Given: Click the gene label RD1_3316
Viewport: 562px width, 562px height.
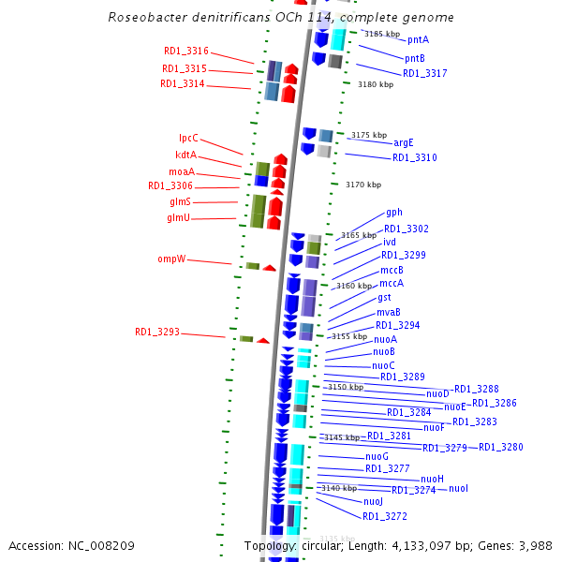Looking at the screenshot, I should click(185, 52).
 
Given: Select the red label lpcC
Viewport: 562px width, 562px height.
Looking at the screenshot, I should click(188, 139).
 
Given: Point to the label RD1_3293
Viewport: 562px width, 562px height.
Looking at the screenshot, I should click(157, 332).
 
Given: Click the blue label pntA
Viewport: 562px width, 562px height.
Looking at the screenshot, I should click(418, 40).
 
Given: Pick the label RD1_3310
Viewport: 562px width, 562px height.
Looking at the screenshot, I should click(414, 157).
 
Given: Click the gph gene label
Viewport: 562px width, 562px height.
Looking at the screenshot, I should click(394, 213).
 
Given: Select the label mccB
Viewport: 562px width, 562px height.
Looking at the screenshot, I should click(392, 270).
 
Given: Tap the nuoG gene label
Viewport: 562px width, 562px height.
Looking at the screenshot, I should click(376, 457).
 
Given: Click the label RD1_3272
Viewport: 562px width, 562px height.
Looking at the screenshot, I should click(385, 516).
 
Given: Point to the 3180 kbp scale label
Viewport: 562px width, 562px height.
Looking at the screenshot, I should click(376, 84).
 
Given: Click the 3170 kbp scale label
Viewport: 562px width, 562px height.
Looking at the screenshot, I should click(363, 185).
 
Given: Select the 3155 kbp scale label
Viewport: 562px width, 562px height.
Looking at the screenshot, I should click(348, 336).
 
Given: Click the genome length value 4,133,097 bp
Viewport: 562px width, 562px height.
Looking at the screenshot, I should click(422, 545).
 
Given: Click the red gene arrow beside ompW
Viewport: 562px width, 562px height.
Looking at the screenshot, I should click(269, 268).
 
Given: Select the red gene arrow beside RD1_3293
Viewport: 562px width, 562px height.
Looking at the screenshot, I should click(263, 340).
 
